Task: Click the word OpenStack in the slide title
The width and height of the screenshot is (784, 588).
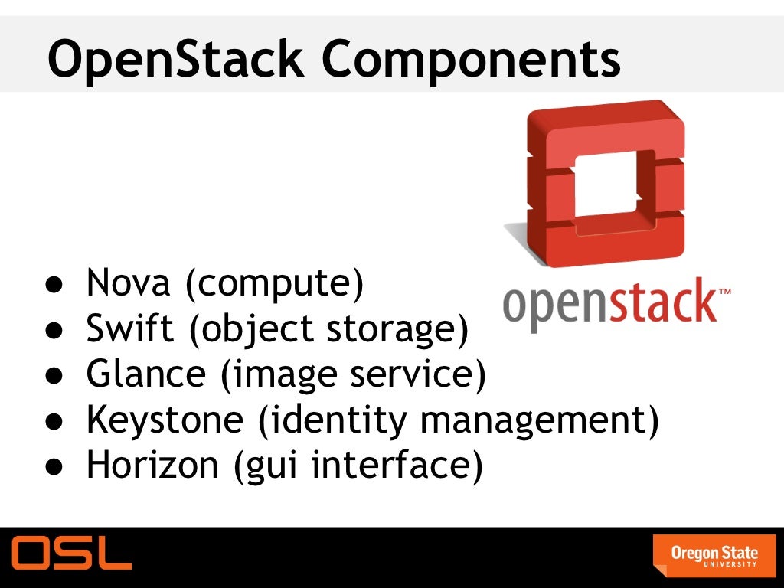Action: pos(173,59)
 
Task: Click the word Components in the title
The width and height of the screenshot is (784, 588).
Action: pos(470,59)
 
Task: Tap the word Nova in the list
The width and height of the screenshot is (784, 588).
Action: pos(127,283)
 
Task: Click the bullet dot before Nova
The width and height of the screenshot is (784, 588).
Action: pos(52,285)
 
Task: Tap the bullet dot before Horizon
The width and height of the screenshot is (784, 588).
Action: pos(52,466)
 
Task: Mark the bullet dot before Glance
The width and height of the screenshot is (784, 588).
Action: pos(52,376)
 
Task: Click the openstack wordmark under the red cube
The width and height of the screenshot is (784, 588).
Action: pos(609,304)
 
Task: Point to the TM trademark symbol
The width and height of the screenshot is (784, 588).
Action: pos(724,291)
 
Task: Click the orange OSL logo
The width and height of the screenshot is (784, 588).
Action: pos(71,553)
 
